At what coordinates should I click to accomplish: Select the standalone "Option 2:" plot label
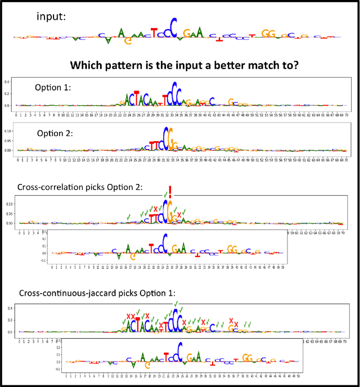coord(55,133)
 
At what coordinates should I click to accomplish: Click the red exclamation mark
coord(170,192)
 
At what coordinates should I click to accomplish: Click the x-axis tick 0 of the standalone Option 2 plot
coord(19,159)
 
